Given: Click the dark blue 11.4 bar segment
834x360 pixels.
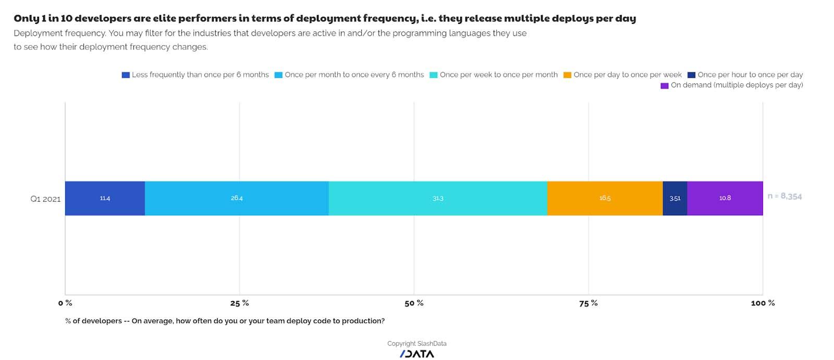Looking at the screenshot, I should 105,198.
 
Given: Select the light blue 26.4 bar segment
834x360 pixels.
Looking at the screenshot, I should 237,198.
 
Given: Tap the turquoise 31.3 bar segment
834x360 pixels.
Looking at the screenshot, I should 438,198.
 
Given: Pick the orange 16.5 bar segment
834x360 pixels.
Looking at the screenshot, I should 605,198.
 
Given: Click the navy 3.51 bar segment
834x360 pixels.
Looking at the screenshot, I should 674,198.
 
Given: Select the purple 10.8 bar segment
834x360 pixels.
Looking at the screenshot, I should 725,198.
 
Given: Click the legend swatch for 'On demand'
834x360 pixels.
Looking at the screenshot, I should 665,86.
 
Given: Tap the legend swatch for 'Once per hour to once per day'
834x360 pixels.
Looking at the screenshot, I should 691,75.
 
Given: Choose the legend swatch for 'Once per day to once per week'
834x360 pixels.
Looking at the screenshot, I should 568,75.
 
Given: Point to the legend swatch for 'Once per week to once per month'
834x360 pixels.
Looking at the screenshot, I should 434,75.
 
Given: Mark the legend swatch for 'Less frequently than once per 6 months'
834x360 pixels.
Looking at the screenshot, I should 126,75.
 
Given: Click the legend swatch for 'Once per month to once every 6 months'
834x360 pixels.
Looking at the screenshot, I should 278,75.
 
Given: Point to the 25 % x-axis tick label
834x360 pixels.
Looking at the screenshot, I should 239,303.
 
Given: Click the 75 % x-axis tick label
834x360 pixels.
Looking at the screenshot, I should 588,303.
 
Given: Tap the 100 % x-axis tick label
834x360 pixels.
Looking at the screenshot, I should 763,303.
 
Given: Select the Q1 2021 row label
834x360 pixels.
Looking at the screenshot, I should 45,199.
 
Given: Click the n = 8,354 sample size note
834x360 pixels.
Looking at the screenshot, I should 784,196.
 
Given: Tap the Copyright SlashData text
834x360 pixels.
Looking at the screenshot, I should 416,344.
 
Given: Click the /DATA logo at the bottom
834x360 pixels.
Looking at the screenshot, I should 416,354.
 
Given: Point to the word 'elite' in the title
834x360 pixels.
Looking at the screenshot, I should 164,18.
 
